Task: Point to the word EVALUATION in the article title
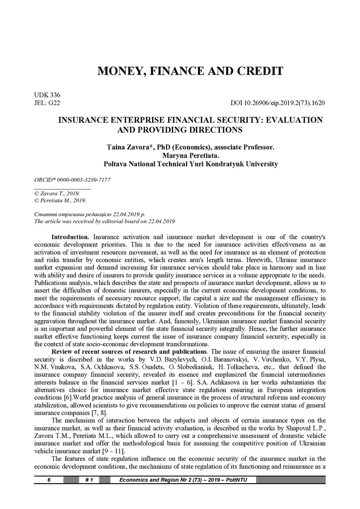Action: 293,120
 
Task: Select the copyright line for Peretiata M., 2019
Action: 57,201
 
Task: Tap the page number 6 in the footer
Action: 49,480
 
